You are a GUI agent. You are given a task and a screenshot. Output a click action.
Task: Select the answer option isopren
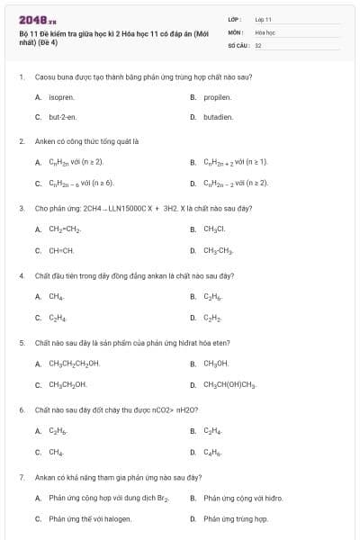coord(60,96)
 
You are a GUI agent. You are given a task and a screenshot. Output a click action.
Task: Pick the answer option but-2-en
coord(61,117)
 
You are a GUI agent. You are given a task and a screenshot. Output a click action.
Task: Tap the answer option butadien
coord(219,117)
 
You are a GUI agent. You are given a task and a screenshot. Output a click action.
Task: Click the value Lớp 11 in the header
coord(263,19)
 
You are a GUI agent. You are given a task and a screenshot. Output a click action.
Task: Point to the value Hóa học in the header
coord(265,31)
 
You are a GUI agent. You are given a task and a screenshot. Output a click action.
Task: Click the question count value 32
coord(258,44)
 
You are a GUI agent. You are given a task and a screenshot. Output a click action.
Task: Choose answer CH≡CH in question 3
coord(61,250)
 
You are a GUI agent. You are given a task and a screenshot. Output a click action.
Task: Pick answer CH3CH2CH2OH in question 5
coord(74,364)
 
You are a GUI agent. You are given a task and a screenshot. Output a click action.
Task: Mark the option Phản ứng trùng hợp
coord(236,518)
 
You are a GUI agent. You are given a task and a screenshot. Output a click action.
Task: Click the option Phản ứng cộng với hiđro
coord(243,498)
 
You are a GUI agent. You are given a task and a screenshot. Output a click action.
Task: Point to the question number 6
coord(21,409)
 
